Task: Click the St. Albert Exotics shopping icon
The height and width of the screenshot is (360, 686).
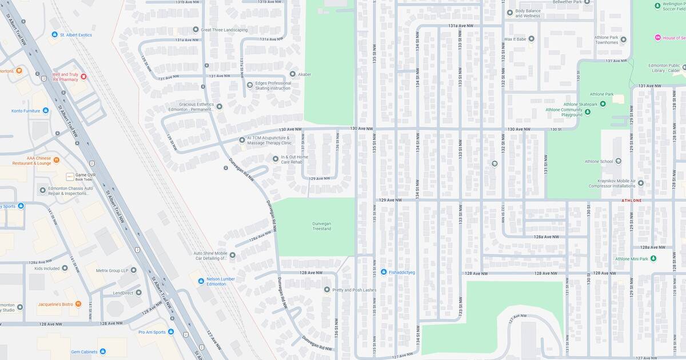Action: (55, 35)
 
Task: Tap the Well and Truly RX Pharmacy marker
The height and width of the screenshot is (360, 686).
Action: (83, 77)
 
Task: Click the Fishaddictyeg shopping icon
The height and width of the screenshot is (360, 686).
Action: (384, 272)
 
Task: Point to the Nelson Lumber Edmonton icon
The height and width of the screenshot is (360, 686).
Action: (201, 281)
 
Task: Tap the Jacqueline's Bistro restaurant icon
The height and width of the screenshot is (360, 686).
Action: (78, 304)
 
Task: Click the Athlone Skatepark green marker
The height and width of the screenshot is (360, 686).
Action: (603, 104)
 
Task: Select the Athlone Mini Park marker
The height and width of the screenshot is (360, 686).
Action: (653, 259)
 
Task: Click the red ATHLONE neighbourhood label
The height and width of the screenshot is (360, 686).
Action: (631, 201)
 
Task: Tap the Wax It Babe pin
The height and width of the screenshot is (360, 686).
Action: (531, 39)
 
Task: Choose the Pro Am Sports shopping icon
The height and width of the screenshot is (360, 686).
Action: (170, 331)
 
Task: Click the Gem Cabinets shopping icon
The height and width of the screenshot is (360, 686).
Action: (102, 351)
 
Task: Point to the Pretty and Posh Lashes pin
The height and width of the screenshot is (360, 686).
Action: (327, 290)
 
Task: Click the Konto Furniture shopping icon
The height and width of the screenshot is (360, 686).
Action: (45, 110)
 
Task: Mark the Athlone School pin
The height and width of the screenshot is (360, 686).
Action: (618, 161)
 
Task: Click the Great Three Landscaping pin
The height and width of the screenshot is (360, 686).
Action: (196, 30)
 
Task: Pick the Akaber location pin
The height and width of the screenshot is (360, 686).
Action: (292, 74)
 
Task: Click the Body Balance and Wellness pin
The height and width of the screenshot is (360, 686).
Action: (510, 13)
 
